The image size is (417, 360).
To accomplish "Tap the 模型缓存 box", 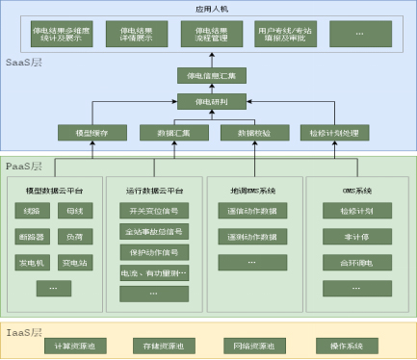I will (x=91, y=132).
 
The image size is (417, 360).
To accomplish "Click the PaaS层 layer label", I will (x=24, y=166).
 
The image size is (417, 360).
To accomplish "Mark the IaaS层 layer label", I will (x=24, y=331).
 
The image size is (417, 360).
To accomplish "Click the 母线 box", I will (x=74, y=210).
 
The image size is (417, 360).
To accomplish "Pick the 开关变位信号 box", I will (x=154, y=210).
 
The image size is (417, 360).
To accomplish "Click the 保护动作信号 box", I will (x=154, y=252).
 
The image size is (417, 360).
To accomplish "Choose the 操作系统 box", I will (x=346, y=346).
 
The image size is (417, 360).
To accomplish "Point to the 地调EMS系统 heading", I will (x=253, y=189).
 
